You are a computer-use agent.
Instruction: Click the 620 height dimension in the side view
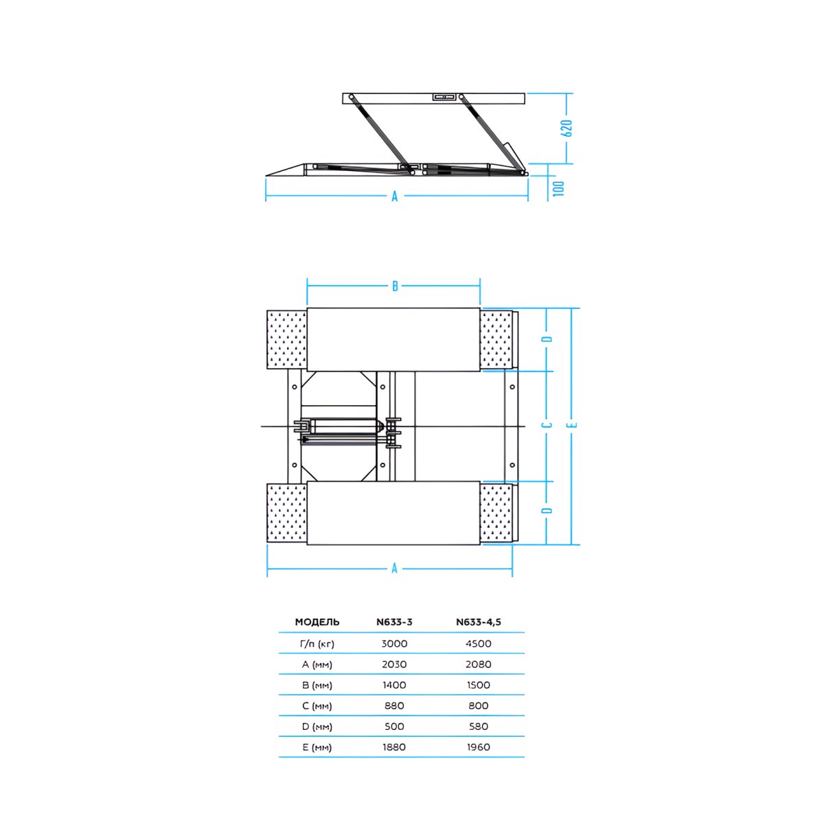(567, 128)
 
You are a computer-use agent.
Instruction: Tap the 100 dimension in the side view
(559, 189)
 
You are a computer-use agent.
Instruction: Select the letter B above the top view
(395, 286)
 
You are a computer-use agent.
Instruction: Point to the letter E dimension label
(573, 425)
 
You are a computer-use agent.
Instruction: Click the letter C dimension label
(547, 425)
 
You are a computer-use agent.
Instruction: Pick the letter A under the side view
(395, 196)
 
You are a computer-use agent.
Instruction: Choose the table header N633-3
(394, 622)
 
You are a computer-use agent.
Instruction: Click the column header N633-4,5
(479, 622)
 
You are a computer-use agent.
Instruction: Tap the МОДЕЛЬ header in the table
(317, 622)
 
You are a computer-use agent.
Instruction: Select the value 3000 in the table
(394, 643)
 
